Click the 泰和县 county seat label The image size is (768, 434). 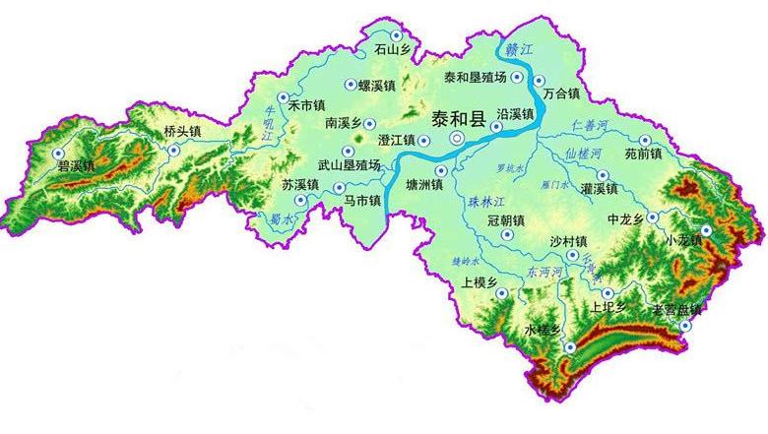pyautogui.click(x=459, y=120)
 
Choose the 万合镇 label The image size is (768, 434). pyautogui.click(x=561, y=94)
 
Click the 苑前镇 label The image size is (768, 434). pyautogui.click(x=643, y=155)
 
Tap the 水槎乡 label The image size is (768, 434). pyautogui.click(x=543, y=330)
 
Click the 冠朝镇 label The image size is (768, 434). pyautogui.click(x=507, y=220)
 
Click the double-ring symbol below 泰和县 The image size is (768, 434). pyautogui.click(x=456, y=141)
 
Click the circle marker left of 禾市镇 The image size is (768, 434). pyautogui.click(x=284, y=97)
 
